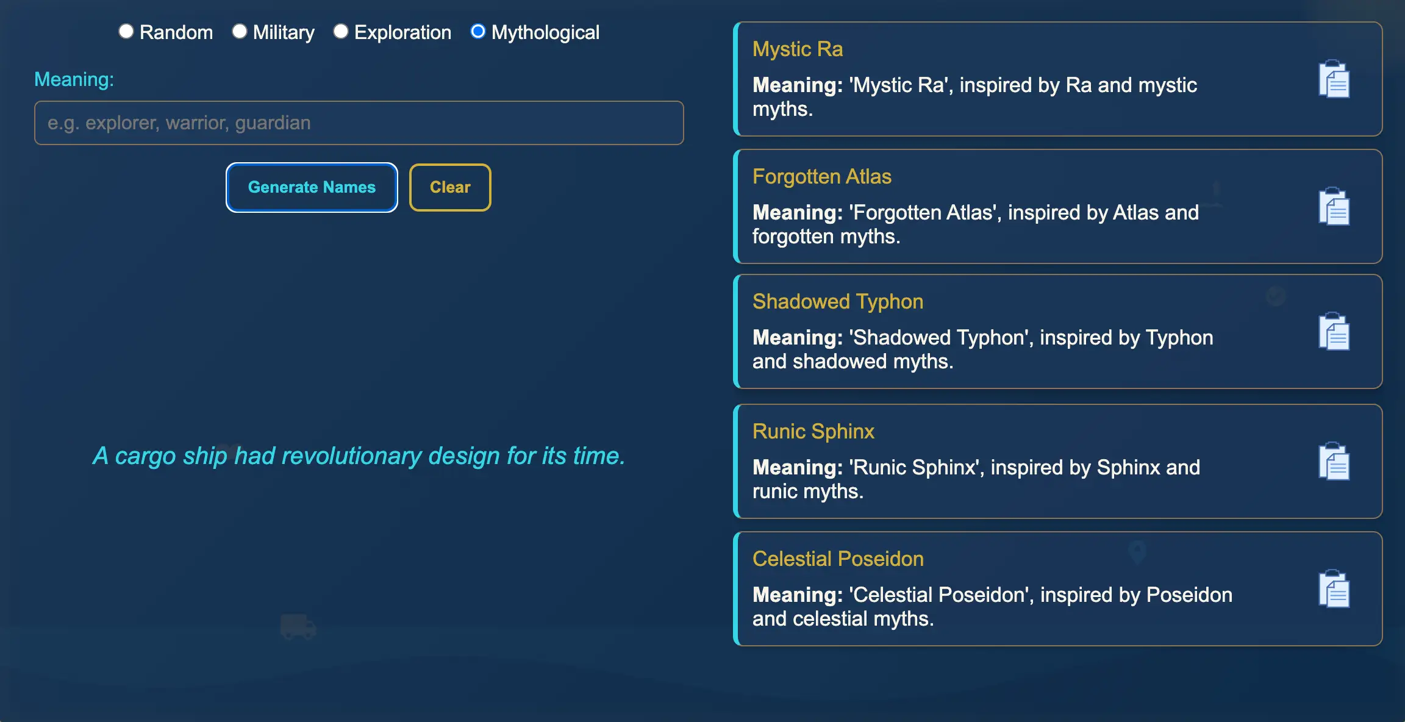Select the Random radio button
(126, 32)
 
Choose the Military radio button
(240, 32)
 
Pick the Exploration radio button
(341, 32)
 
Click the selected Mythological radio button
(478, 32)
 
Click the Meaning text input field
(359, 123)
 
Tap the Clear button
(450, 187)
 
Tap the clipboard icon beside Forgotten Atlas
(1334, 206)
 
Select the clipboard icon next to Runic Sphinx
(1334, 461)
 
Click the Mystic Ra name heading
(798, 49)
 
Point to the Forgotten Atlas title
(822, 176)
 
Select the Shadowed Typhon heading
(838, 301)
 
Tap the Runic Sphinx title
(813, 431)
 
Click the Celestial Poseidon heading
(838, 559)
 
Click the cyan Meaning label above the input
(74, 79)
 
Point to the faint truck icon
(298, 626)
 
